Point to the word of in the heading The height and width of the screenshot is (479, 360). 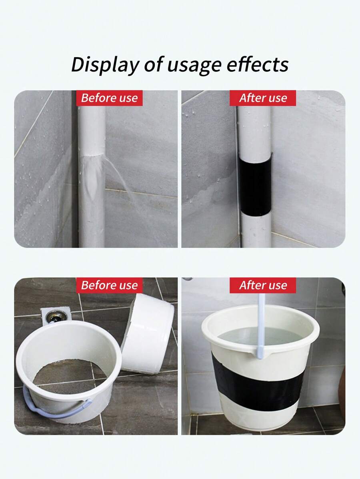[x=154, y=64]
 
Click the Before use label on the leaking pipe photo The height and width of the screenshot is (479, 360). [x=109, y=98]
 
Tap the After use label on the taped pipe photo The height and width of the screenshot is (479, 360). [x=263, y=98]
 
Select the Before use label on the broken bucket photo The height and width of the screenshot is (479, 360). [x=109, y=285]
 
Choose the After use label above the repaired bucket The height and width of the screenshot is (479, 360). [x=263, y=285]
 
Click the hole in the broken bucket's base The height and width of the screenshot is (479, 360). [x=64, y=374]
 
